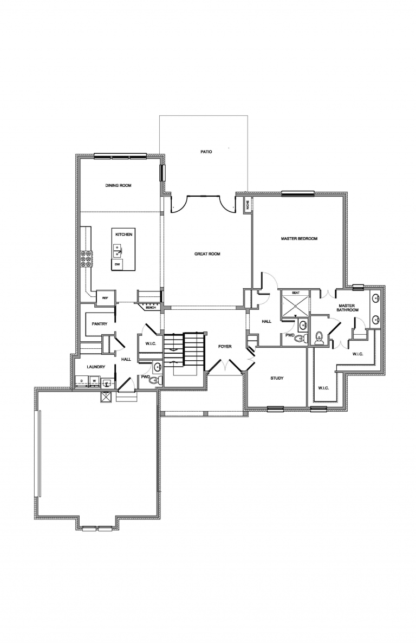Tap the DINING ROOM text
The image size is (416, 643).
click(x=119, y=186)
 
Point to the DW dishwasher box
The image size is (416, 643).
click(x=116, y=264)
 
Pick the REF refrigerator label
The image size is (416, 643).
click(x=105, y=297)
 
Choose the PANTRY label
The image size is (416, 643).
click(x=100, y=324)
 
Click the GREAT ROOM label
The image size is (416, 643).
click(x=207, y=254)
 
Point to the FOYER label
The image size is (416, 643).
click(x=225, y=346)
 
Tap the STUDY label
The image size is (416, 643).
click(x=277, y=378)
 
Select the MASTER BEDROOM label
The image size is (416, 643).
click(x=299, y=238)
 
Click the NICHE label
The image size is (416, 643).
click(x=248, y=205)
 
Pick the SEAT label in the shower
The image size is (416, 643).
click(x=296, y=293)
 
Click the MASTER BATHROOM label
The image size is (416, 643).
click(x=347, y=309)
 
